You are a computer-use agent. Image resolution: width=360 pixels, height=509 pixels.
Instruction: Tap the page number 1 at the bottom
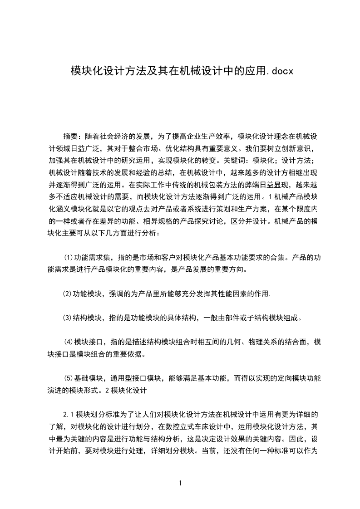(x=180, y=483)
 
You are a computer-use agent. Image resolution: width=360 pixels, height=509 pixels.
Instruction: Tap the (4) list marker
(x=69, y=342)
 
